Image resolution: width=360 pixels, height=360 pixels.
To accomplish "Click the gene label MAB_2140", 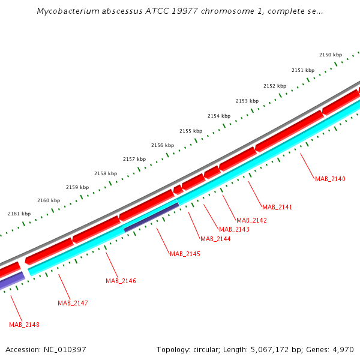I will (330, 179).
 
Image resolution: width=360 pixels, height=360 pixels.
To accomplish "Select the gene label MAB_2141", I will (277, 207).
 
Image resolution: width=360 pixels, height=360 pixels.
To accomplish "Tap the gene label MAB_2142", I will (251, 220).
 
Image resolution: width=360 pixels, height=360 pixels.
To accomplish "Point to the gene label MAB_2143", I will (234, 229).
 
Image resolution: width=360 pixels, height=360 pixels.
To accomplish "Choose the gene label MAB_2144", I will (215, 239).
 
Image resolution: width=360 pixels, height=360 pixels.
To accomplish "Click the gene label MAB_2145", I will (185, 254).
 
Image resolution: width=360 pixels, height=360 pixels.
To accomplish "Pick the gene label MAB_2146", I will (121, 281).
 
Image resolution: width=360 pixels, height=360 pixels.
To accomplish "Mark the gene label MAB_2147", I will (73, 303).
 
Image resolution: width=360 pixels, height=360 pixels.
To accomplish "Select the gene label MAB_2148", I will (24, 325).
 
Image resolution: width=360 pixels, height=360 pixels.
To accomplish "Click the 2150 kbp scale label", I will (330, 55).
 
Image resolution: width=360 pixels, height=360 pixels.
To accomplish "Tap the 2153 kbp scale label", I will (247, 101).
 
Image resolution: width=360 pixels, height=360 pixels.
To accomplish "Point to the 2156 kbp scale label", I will (163, 145).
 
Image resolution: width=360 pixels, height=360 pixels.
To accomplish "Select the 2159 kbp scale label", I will (77, 187).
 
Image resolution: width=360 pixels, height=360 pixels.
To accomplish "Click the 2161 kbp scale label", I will (19, 214).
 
